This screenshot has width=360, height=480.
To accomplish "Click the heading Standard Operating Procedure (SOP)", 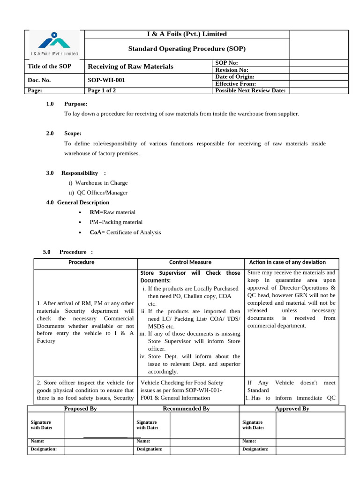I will [x=187, y=49].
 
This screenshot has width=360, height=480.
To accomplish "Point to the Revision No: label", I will [x=232, y=70].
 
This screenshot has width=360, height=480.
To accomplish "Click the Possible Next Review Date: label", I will [x=250, y=90].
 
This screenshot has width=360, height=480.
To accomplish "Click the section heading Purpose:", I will [x=75, y=104].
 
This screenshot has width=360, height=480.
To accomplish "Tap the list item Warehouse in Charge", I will [x=101, y=183].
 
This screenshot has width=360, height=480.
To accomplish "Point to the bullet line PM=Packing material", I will [x=116, y=222].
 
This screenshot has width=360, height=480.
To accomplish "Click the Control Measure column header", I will [x=190, y=262].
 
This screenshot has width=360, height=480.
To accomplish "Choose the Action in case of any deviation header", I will [x=287, y=262].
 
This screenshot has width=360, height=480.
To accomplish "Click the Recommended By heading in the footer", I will [x=186, y=409].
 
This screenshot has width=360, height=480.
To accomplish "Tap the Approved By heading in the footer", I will [x=292, y=409].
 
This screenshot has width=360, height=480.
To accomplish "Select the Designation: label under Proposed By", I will [x=44, y=449].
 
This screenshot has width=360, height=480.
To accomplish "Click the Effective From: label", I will [x=235, y=83].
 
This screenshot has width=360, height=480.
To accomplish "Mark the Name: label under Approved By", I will [x=249, y=441].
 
